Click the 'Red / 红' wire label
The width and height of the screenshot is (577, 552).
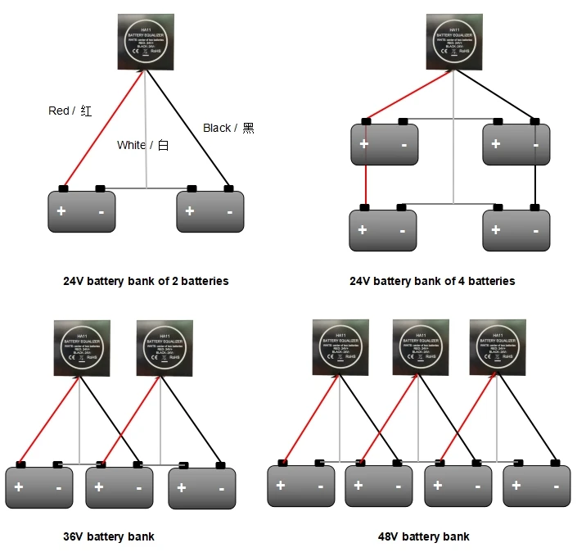pyautogui.click(x=70, y=111)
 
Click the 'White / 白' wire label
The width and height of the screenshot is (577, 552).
pyautogui.click(x=142, y=145)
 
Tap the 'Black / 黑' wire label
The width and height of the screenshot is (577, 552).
pyautogui.click(x=228, y=128)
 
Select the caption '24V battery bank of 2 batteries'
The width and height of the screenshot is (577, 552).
pyautogui.click(x=146, y=281)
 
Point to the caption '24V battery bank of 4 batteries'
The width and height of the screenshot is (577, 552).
pyautogui.click(x=432, y=281)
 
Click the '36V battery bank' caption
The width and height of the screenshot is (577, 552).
pyautogui.click(x=109, y=536)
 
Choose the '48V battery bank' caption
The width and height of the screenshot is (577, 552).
pyautogui.click(x=423, y=536)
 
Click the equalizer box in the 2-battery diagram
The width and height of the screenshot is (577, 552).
pyautogui.click(x=147, y=43)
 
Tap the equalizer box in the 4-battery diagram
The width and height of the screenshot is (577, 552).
pyautogui.click(x=454, y=43)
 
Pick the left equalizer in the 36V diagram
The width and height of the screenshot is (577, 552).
pyautogui.click(x=82, y=348)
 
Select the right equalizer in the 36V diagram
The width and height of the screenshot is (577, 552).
pyautogui.click(x=164, y=348)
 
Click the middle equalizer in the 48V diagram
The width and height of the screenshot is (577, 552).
pyautogui.click(x=421, y=348)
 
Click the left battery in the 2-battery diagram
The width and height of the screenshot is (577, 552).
pyautogui.click(x=81, y=211)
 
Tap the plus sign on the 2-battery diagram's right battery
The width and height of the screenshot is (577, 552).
pyautogui.click(x=190, y=211)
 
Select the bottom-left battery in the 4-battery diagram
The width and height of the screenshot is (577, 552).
pyautogui.click(x=382, y=231)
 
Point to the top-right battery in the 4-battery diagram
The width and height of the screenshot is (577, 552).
pyautogui.click(x=516, y=144)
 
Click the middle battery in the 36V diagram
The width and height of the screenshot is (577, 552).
pyautogui.click(x=119, y=488)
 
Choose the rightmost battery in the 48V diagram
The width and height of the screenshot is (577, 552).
pyautogui.click(x=536, y=486)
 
